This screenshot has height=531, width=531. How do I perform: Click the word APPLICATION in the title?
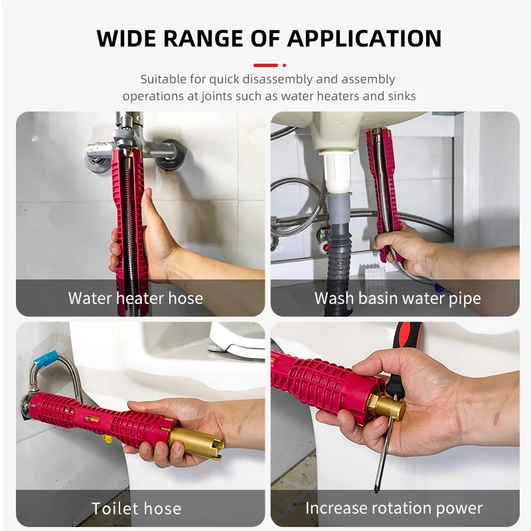click(364, 38)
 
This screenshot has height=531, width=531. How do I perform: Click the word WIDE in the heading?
click(127, 38)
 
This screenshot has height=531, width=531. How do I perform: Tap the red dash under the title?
click(265, 65)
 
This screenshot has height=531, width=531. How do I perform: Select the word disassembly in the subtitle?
click(277, 79)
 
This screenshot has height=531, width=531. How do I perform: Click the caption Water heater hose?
click(135, 298)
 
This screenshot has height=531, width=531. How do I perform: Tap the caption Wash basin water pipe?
click(398, 298)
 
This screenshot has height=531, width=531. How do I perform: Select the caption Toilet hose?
click(136, 508)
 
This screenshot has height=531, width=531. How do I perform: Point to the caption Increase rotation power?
click(394, 508)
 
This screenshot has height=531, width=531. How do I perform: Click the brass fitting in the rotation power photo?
click(387, 406)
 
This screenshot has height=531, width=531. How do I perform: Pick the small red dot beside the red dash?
click(285, 65)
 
